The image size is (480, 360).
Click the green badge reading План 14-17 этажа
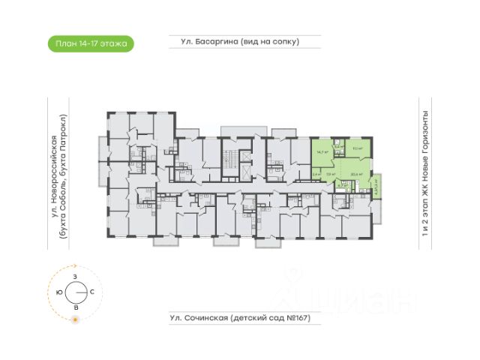click(x=89, y=43)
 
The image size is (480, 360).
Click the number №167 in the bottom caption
click(x=294, y=318)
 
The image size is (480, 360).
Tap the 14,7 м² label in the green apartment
click(x=322, y=151)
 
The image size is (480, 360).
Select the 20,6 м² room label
click(x=356, y=174)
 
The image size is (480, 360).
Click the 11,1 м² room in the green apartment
click(x=357, y=148)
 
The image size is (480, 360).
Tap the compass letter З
click(x=75, y=277)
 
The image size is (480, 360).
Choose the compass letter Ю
click(x=60, y=291)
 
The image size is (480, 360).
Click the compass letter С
click(x=91, y=291)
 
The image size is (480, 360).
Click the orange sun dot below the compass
click(x=75, y=321)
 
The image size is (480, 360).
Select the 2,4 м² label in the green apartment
click(x=316, y=174)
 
